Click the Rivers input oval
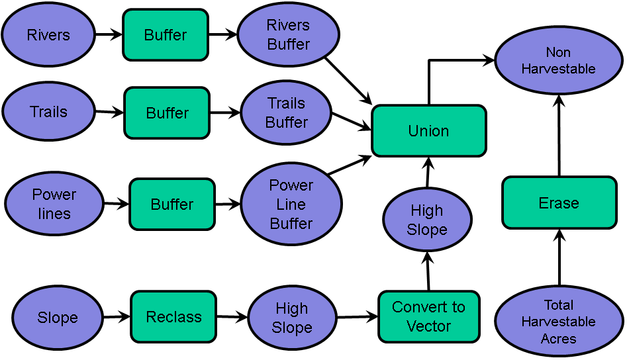tap(48, 34)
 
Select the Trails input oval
tap(48, 112)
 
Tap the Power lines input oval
tap(54, 204)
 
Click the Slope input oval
tap(58, 318)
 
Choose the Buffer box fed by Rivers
tap(166, 34)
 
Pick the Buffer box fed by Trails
tap(167, 113)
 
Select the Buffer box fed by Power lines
tap(172, 204)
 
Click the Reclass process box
tap(173, 317)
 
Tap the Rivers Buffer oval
tap(288, 34)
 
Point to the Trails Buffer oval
tap(286, 112)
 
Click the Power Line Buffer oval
tap(291, 204)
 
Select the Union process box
tap(428, 131)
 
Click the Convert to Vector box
tap(428, 317)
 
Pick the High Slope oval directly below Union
tap(427, 220)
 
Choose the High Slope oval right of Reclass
tap(292, 318)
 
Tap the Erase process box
tap(559, 202)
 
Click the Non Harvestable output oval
tap(558, 60)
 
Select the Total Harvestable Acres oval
tap(558, 322)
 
